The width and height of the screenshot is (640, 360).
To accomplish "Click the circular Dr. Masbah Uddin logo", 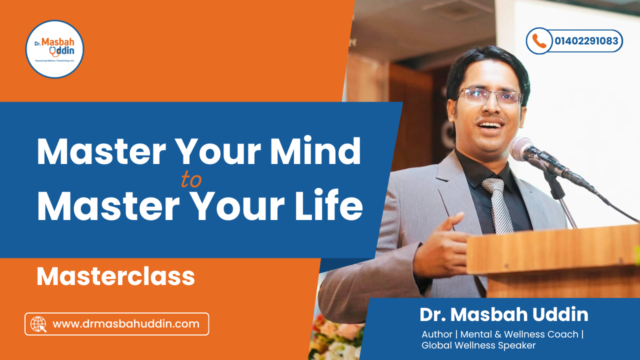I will (x=54, y=49).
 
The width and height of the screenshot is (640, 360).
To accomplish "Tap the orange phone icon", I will (x=539, y=41).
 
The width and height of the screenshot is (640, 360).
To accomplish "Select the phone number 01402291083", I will (x=586, y=41).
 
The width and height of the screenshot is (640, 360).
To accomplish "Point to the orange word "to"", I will (x=191, y=180).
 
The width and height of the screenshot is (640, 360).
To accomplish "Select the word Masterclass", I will (x=115, y=276).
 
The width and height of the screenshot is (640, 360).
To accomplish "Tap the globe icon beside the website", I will (x=38, y=324).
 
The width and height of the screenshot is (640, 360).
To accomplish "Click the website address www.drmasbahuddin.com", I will (x=126, y=324).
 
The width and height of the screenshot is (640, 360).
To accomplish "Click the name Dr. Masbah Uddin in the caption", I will (x=503, y=314).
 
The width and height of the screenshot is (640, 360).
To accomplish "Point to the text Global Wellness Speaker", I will (x=478, y=345).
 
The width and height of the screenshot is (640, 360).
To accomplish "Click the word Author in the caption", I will (x=437, y=334).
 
